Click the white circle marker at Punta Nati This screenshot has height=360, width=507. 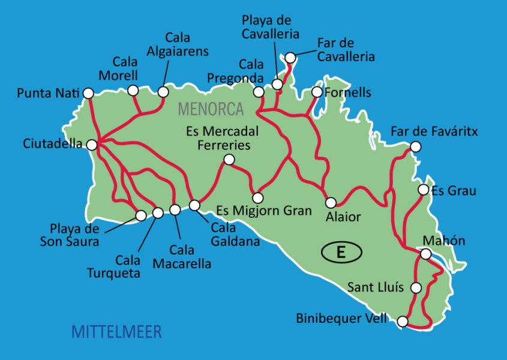click(88, 93)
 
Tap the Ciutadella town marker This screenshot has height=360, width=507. click(92, 145)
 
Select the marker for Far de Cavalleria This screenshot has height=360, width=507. click(290, 58)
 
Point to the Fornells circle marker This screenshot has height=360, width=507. click(317, 92)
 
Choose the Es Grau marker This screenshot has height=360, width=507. click(423, 190)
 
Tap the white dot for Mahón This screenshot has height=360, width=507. click(425, 254)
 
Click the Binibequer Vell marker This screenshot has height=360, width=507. click(403, 322)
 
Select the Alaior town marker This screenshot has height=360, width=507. click(331, 202)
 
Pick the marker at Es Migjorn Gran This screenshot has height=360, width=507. click(258, 197)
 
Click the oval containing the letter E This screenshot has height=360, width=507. click(341, 253)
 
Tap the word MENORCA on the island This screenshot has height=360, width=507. click(211, 109)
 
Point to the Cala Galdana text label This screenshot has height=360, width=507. click(235, 236)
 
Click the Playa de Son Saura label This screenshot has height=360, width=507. click(75, 236)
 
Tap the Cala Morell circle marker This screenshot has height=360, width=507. click(133, 90)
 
